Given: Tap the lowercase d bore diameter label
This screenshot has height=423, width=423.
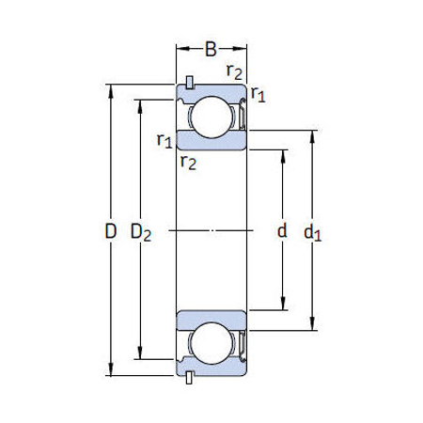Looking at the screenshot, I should (x=281, y=231).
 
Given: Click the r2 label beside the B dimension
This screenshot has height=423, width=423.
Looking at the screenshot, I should (x=233, y=71).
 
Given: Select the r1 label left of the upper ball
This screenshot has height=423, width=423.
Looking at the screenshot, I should (x=164, y=141).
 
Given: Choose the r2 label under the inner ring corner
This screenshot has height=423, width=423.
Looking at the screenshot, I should (x=188, y=162).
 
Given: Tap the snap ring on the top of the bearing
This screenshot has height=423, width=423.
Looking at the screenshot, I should (x=190, y=82).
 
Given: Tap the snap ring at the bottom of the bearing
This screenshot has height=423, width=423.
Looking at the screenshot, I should (x=190, y=378).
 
